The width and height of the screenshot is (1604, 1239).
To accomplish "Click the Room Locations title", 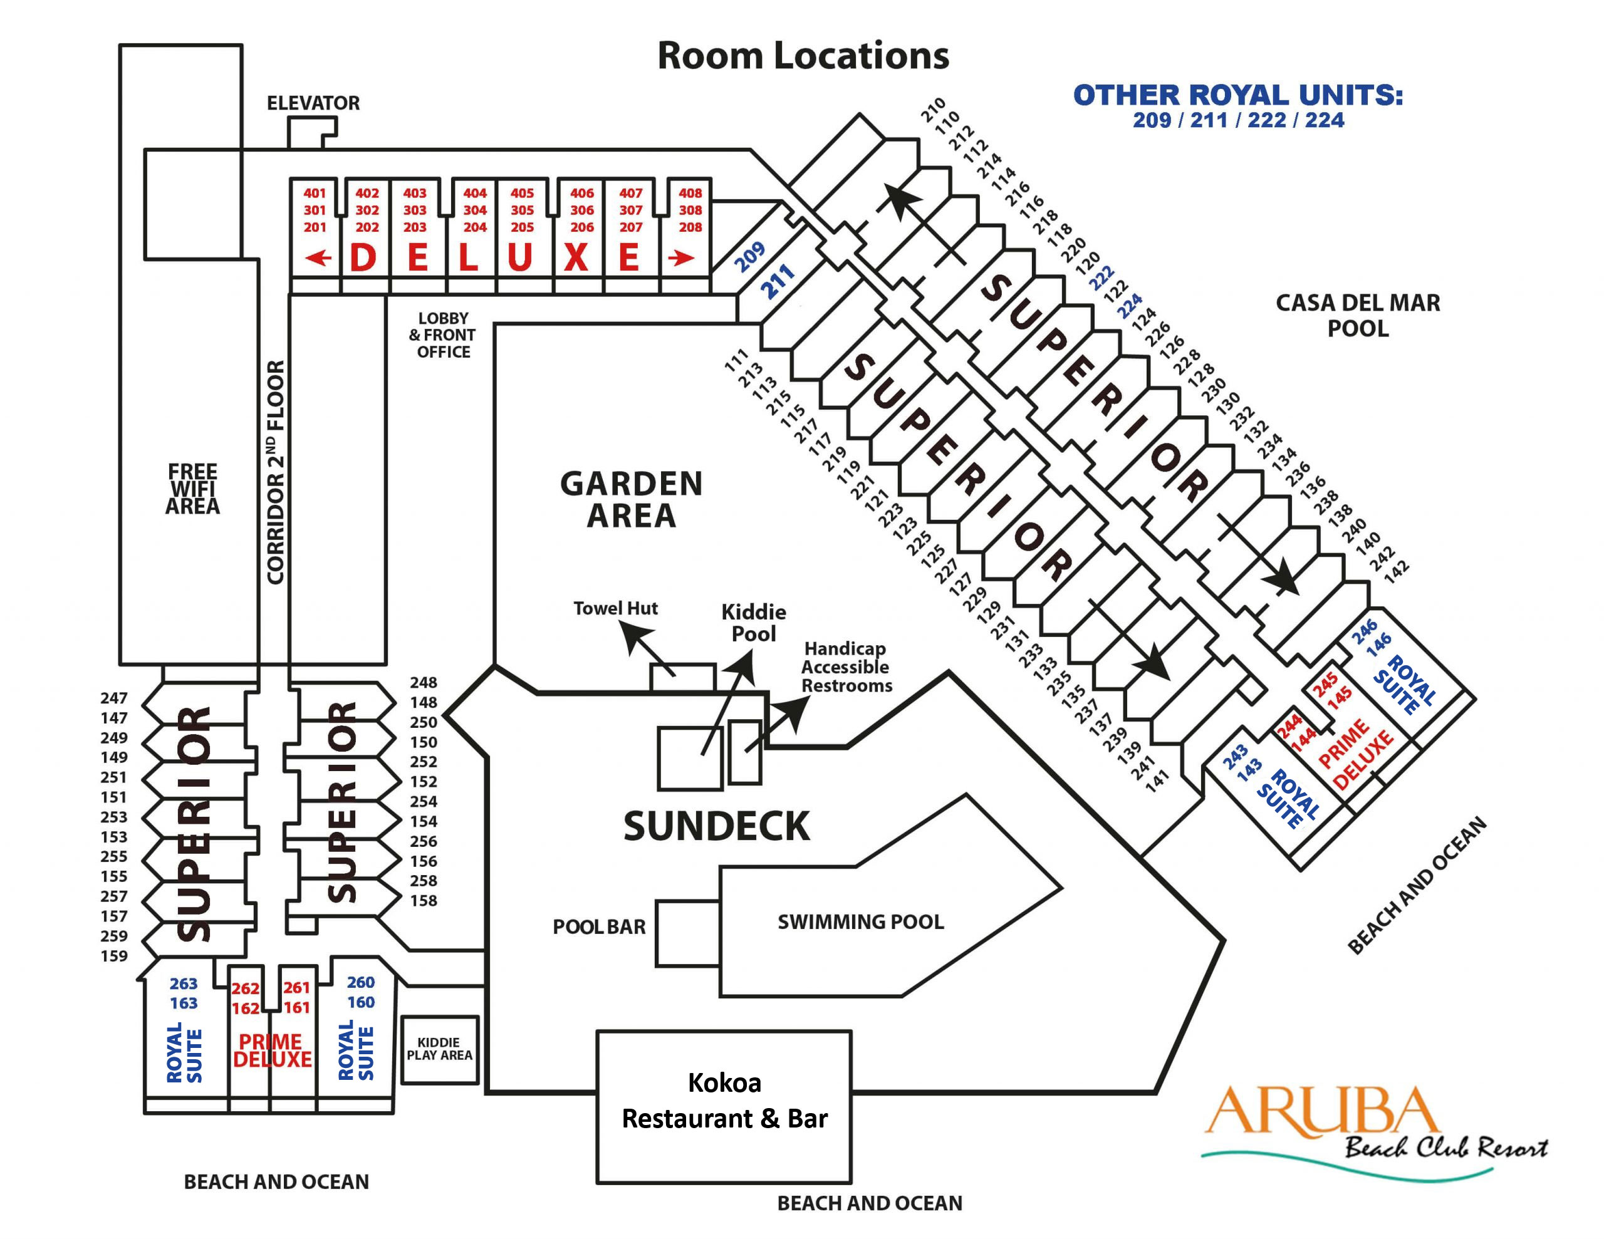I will [x=802, y=56].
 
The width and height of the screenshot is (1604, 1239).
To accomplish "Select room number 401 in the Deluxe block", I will [x=315, y=193].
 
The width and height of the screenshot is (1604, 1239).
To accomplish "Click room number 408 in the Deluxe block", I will [x=690, y=193].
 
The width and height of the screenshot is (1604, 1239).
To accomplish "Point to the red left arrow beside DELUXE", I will [x=318, y=258].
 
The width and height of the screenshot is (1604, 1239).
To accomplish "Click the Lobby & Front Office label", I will [x=443, y=335].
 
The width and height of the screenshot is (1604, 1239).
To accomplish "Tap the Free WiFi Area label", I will [x=192, y=489].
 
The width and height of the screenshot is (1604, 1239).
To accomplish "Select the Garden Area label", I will [x=631, y=499].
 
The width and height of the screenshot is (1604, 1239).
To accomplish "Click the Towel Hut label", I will [x=615, y=608].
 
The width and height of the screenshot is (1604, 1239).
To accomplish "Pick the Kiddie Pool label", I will [x=754, y=622].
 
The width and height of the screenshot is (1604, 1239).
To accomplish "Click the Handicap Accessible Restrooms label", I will [x=846, y=667].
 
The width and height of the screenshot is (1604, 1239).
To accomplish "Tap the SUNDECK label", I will [x=716, y=826].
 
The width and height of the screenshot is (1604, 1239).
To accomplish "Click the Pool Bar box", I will [x=687, y=933].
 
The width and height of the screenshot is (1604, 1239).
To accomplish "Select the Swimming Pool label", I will [x=861, y=921].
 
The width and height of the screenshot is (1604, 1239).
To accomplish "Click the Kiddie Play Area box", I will [x=439, y=1049].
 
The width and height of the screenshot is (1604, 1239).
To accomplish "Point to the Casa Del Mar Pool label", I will [x=1357, y=315].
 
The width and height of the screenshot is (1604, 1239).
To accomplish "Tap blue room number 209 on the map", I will [x=749, y=256].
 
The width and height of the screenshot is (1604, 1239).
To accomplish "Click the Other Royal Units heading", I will [x=1237, y=95].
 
